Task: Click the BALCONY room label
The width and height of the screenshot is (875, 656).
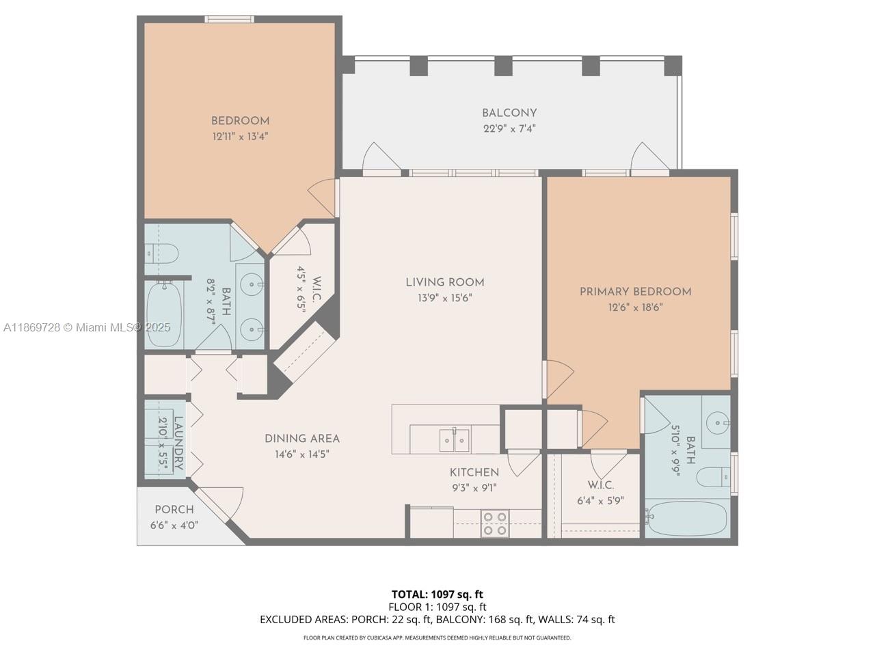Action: point(509,113)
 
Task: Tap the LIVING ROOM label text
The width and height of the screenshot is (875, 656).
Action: point(445,282)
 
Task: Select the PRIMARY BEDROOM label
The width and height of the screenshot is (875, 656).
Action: point(635,292)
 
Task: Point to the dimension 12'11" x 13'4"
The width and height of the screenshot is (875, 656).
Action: point(240,136)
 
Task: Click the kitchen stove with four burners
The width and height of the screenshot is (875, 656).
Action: point(495,523)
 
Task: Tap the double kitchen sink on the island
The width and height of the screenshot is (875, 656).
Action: point(454,439)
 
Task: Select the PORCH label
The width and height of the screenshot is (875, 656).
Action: point(174,510)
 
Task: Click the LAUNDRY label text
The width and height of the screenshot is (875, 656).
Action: point(178,445)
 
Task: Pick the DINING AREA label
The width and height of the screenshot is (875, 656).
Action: point(302,439)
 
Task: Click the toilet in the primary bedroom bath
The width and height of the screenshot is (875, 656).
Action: point(715,476)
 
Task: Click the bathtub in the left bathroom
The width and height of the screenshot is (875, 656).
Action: point(164,314)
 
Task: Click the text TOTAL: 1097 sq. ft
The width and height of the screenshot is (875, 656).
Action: point(437,594)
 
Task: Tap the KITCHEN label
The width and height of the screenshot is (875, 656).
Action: point(474,472)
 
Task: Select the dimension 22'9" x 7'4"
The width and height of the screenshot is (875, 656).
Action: point(509,128)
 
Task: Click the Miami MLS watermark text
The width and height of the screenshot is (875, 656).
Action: point(87,327)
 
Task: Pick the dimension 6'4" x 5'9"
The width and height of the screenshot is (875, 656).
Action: point(600,500)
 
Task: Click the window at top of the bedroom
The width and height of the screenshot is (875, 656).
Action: point(230,19)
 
